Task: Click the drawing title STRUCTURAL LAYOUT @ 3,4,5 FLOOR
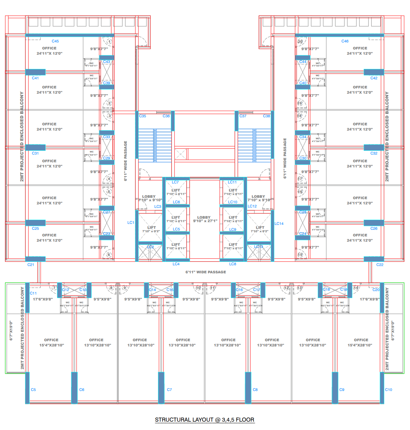205,420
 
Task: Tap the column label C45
55,41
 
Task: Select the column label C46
345,41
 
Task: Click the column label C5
33,390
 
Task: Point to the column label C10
388,390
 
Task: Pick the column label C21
31,265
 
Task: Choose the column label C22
380,265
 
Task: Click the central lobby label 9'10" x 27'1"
205,221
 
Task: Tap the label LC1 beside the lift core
131,222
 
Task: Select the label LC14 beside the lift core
279,224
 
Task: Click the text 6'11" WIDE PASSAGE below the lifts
205,272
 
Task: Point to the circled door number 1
109,41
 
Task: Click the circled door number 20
300,41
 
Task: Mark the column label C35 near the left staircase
142,116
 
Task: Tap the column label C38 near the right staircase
266,116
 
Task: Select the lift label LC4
176,264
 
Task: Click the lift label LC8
232,264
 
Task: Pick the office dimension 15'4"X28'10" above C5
52,345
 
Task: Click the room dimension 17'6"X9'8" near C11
42,299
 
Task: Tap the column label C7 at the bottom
169,390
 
